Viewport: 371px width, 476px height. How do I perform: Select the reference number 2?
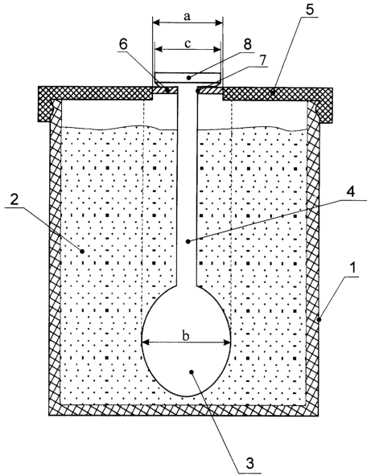[x=14, y=199]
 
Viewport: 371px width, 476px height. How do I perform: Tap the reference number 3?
[x=250, y=463]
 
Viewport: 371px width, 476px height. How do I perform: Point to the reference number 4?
[x=351, y=192]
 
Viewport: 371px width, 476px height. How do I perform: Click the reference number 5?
[x=310, y=10]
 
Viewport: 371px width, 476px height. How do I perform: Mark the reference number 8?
[x=248, y=44]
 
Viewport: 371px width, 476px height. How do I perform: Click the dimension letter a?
[x=188, y=16]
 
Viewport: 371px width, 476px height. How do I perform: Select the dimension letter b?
[x=186, y=335]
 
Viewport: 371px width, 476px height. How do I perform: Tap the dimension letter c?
[x=188, y=44]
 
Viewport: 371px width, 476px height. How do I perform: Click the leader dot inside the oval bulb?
[x=192, y=371]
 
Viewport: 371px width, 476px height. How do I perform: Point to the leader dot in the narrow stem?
[x=188, y=241]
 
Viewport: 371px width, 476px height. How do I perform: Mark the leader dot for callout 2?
[x=82, y=251]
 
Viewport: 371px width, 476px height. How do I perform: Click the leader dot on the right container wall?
[x=319, y=319]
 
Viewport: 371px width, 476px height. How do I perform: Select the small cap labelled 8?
[x=188, y=78]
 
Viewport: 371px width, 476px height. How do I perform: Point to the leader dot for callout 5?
[x=273, y=93]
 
